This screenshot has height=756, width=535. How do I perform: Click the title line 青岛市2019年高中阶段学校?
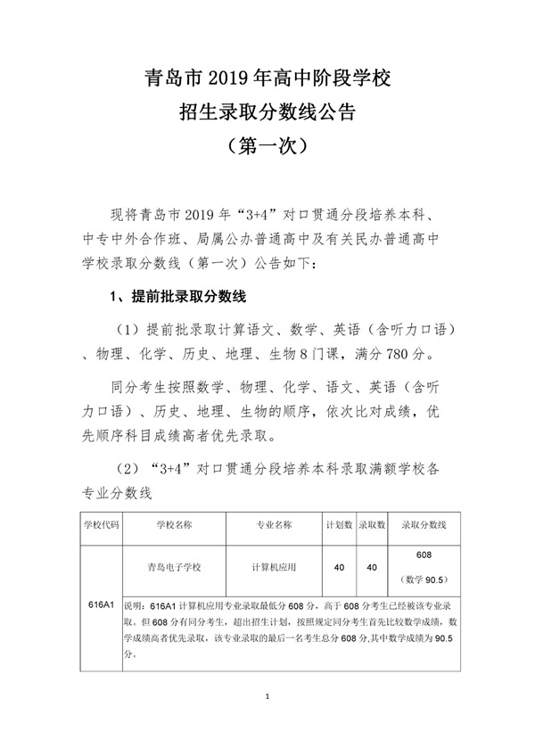[x=267, y=81]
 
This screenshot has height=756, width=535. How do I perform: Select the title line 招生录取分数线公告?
[x=267, y=112]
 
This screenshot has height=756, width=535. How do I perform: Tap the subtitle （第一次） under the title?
[x=267, y=144]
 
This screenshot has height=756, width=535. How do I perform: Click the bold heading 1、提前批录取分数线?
[x=177, y=295]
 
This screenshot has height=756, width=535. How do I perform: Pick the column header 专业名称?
[x=274, y=525]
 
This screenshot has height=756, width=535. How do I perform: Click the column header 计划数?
[x=338, y=525]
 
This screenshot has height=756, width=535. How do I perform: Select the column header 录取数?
[x=371, y=525]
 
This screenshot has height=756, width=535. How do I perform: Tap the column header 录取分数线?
[x=424, y=525]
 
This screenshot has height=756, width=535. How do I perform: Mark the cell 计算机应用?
[x=274, y=567]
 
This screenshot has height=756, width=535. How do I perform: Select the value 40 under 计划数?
[x=338, y=567]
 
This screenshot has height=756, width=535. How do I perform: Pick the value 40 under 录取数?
[x=371, y=567]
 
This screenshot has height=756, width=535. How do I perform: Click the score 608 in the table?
[x=424, y=555]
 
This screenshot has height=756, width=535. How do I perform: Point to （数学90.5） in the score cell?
[x=424, y=579]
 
